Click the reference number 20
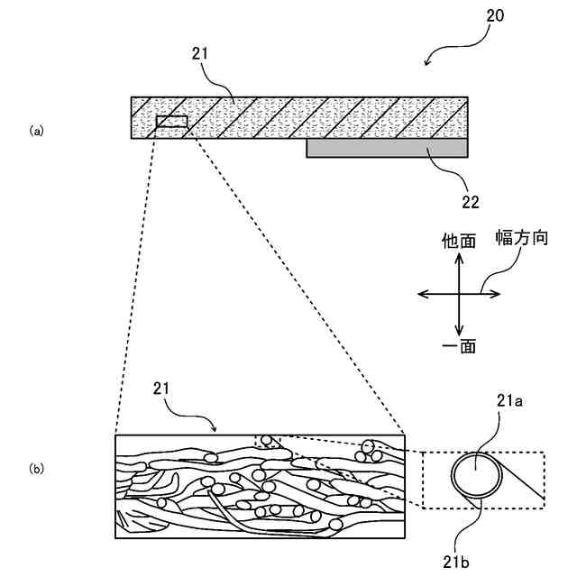click(495, 15)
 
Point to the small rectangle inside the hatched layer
click(171, 122)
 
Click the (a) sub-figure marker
click(36, 131)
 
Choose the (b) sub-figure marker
click(36, 469)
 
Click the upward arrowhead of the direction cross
click(460, 257)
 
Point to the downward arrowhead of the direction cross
click(460, 331)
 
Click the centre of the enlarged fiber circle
click(475, 476)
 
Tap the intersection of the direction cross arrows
click(460, 293)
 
